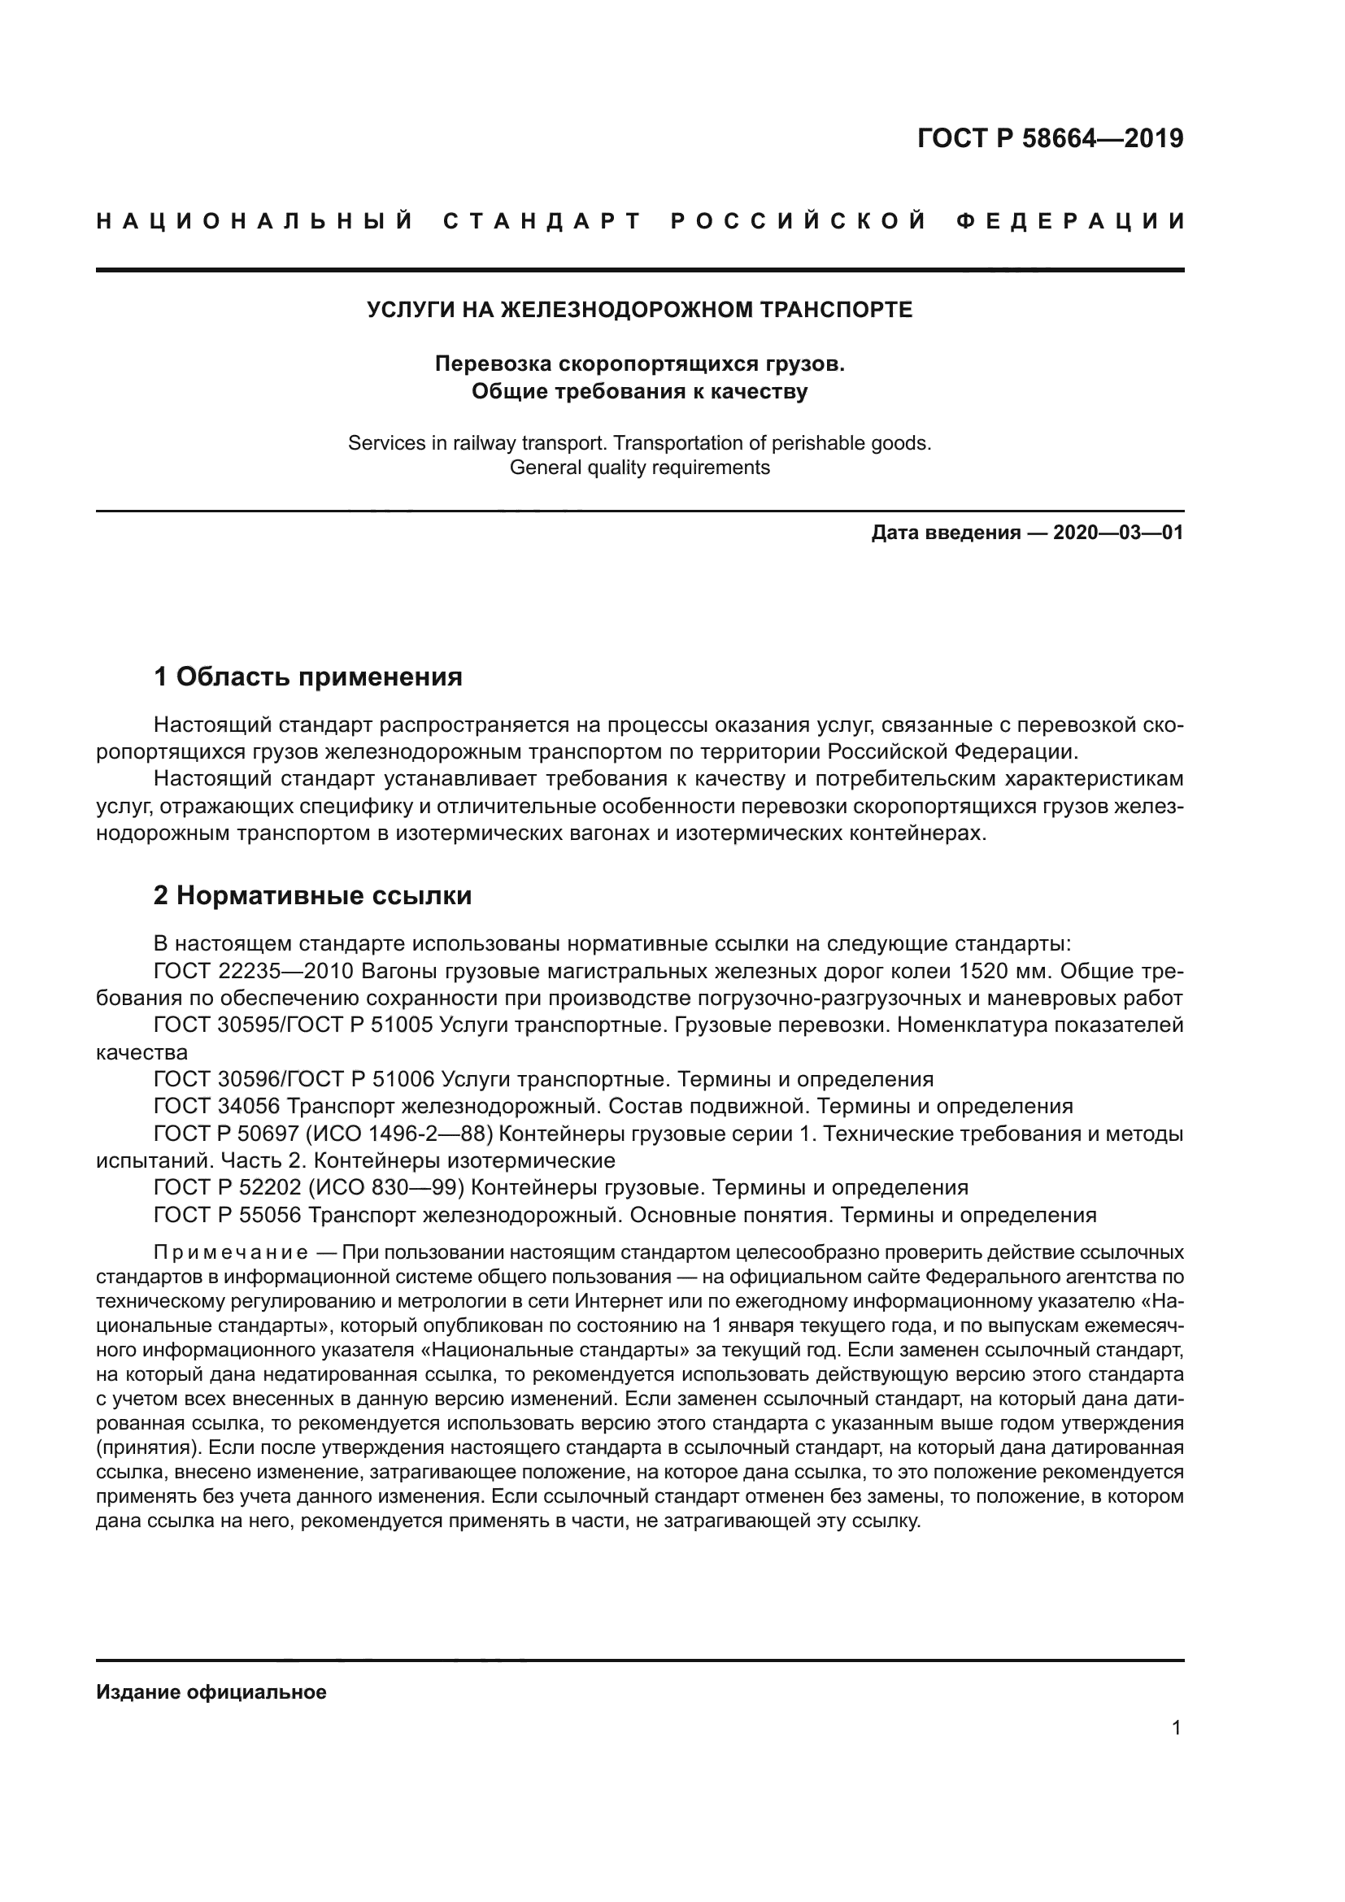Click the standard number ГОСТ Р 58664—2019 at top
[1049, 138]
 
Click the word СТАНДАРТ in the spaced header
[542, 221]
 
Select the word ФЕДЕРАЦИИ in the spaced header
[1070, 221]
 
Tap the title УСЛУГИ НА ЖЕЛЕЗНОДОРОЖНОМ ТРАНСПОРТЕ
[639, 310]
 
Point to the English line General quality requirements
[639, 468]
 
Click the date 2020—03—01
[1118, 533]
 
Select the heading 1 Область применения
[308, 677]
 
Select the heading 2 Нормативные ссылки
[312, 895]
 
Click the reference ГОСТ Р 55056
[227, 1215]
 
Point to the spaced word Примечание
[231, 1251]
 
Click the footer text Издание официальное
[211, 1692]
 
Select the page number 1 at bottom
[1176, 1728]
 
